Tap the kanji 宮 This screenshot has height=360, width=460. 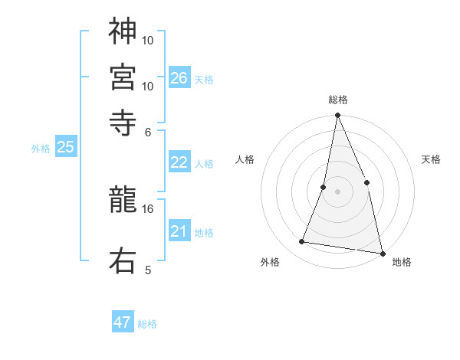click(x=123, y=76)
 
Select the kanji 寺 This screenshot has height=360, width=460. click(x=123, y=121)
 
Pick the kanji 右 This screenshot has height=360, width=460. click(x=123, y=260)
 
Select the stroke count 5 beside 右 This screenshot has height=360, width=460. click(x=148, y=270)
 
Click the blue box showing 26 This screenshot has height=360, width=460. click(x=179, y=78)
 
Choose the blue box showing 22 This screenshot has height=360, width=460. click(x=179, y=162)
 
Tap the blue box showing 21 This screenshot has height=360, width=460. click(x=179, y=231)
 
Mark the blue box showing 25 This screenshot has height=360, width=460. click(x=65, y=148)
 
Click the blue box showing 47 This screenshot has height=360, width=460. click(x=123, y=322)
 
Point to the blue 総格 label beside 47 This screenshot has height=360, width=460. click(x=147, y=324)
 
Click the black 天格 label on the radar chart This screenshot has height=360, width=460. click(x=431, y=159)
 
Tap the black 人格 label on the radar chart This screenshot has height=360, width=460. click(x=245, y=159)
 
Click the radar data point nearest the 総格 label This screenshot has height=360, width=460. click(x=337, y=116)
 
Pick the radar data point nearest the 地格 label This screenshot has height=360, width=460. click(x=381, y=252)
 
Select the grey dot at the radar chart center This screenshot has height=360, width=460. click(x=337, y=191)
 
